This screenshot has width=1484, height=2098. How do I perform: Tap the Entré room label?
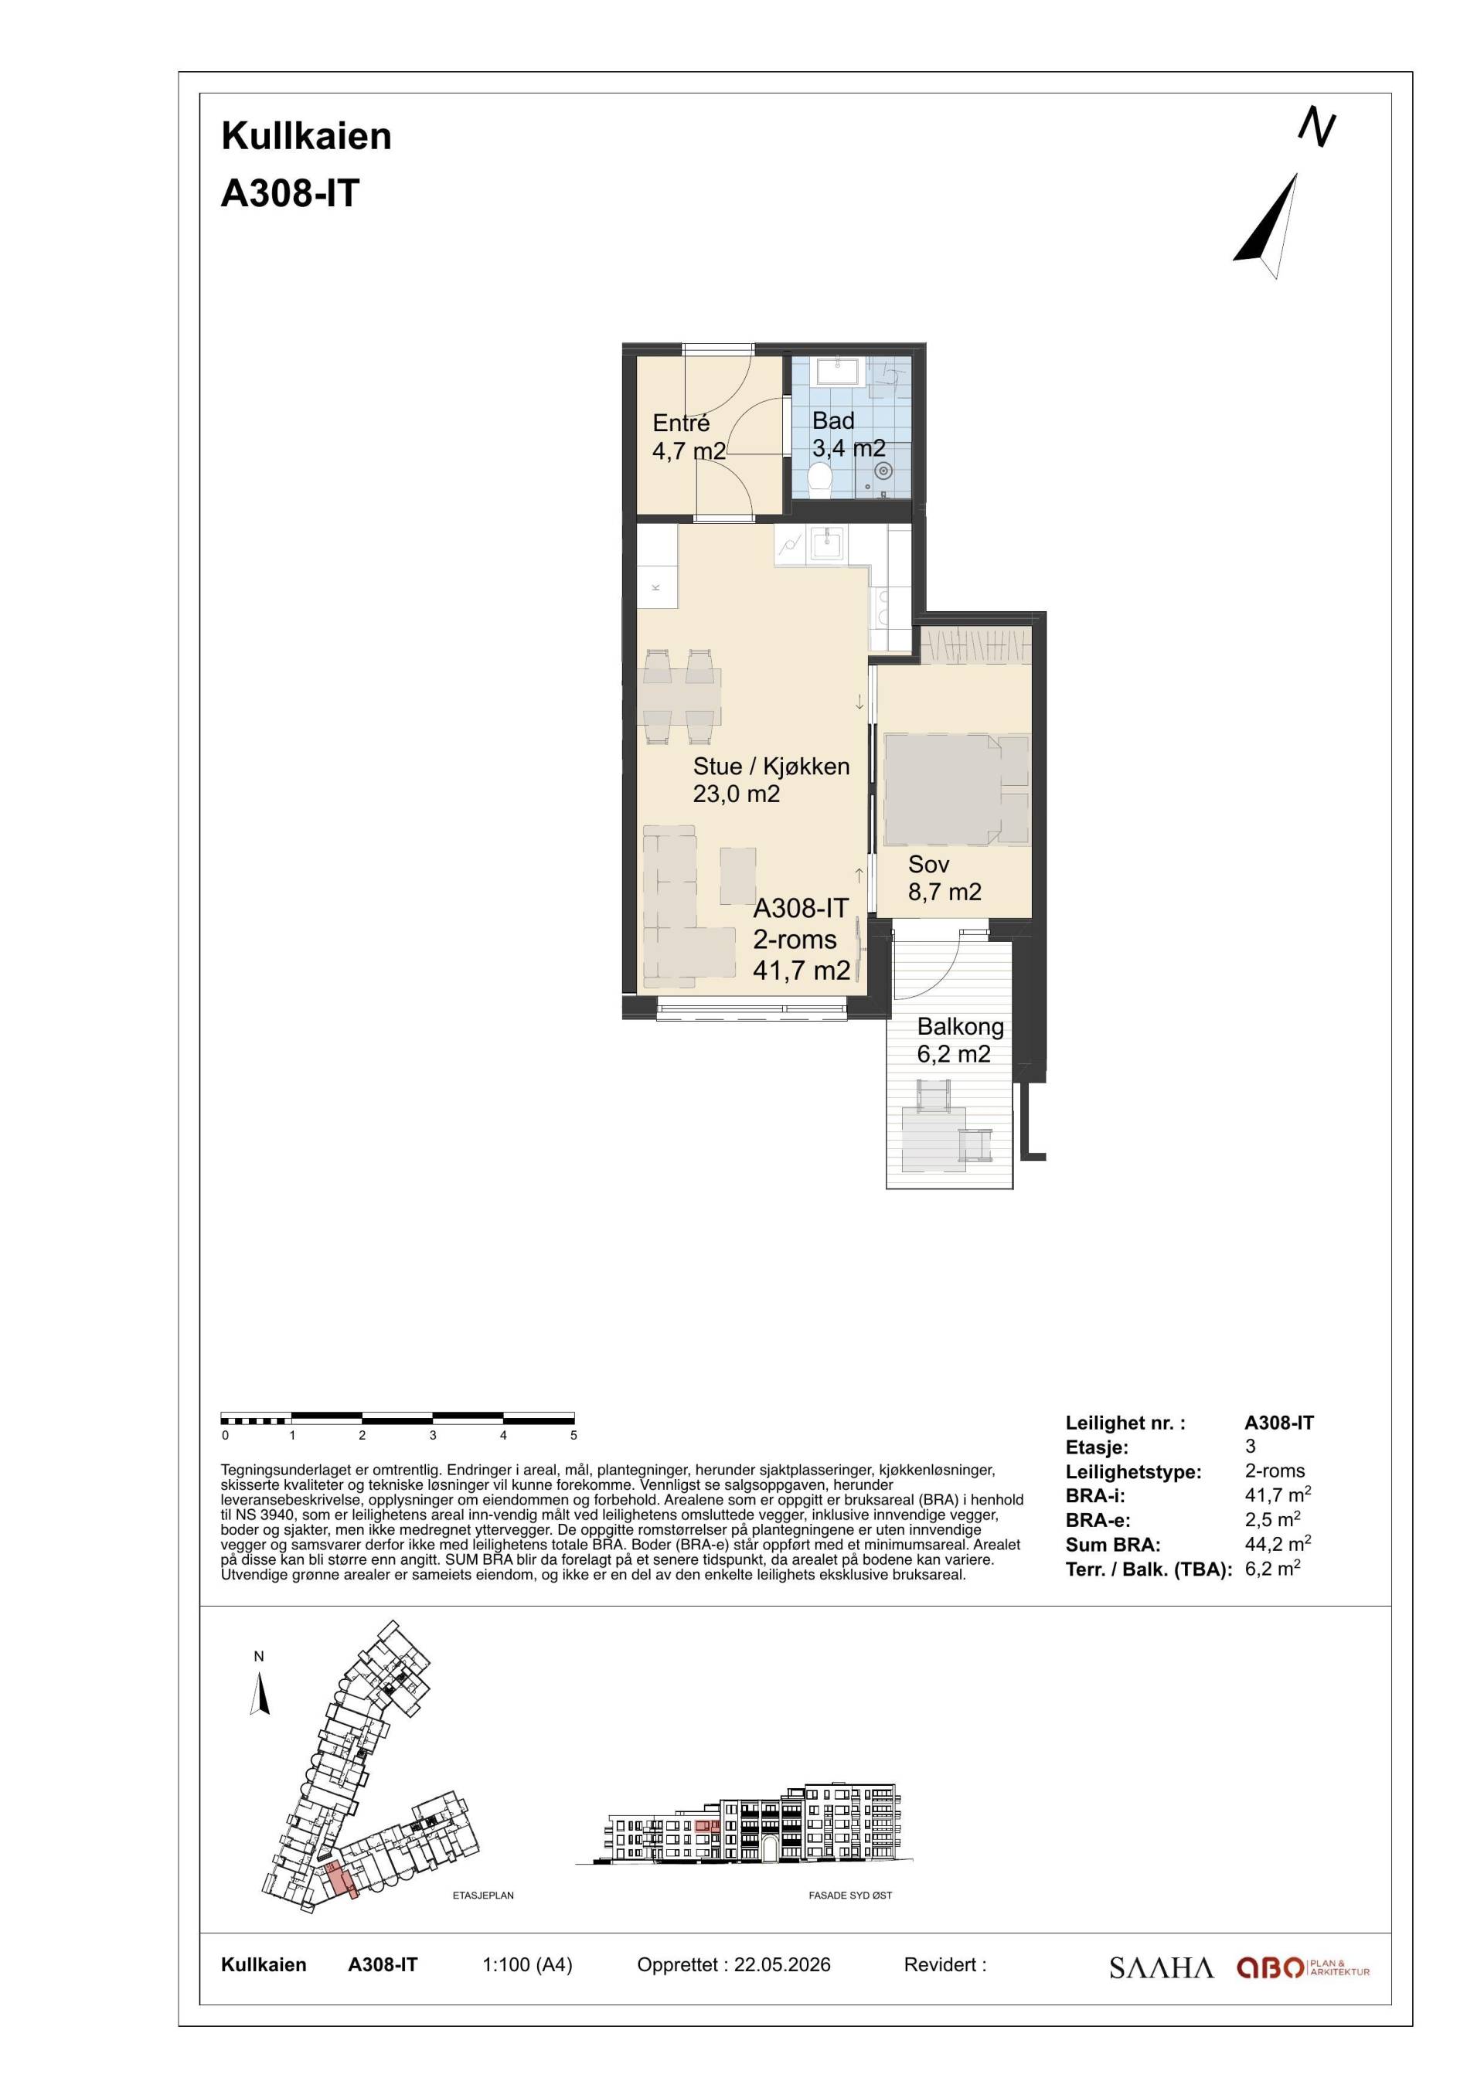(681, 423)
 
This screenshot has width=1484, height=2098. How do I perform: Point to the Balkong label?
(961, 1026)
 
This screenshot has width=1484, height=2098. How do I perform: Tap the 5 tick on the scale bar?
(574, 1436)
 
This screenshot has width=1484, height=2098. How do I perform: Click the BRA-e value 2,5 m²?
(1273, 1521)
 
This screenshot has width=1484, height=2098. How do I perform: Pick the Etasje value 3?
(1250, 1447)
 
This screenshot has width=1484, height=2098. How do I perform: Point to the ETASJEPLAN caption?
(483, 1896)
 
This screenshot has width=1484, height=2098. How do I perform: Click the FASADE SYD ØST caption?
(850, 1896)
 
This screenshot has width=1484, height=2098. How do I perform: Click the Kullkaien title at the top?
(306, 136)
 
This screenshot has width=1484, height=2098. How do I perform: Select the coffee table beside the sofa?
(737, 876)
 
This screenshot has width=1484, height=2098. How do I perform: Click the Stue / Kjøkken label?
(771, 767)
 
